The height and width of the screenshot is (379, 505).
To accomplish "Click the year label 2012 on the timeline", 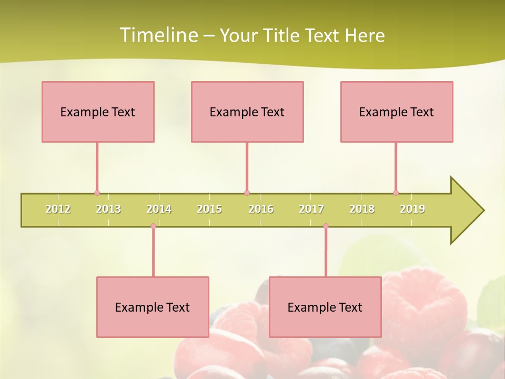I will pos(58,209).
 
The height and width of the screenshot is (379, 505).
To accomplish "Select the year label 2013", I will pos(108,209).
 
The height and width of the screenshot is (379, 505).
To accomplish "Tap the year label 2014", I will pos(159,209).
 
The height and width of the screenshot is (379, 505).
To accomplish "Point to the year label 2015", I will pos(209,209).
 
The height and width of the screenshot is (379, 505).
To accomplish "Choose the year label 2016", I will pos(261,209).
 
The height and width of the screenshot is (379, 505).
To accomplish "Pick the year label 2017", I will pos(311,209).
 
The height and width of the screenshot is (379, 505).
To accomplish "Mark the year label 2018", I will pos(362,209).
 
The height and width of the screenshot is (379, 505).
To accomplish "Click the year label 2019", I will pos(412,209).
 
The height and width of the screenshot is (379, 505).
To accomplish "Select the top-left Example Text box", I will pos(98,112).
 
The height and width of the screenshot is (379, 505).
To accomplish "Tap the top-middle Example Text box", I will pos(247,112).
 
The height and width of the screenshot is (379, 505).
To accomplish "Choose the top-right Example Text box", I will pos(397,112).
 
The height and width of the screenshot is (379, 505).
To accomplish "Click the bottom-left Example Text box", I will pos(153,307).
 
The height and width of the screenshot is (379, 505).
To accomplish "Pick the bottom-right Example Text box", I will pos(325,307).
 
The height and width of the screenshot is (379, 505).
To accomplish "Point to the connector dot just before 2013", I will pos(97,193).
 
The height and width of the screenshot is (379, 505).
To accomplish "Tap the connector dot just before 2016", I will pos(247,193).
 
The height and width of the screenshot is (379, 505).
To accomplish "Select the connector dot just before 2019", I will pos(396,193).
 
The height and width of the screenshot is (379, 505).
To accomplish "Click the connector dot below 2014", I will pos(153,226).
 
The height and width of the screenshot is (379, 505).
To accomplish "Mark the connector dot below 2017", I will pos(326,226).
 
